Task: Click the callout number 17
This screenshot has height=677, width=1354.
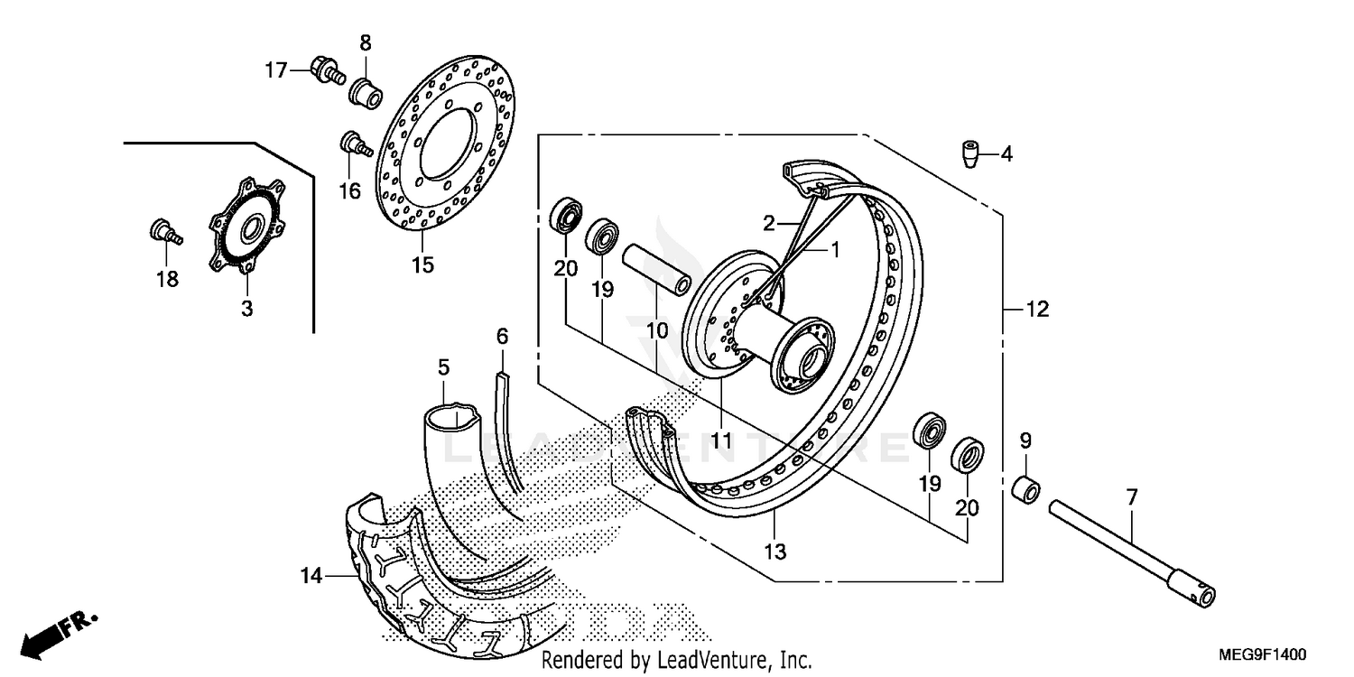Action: click(275, 70)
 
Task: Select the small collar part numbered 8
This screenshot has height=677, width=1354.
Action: click(365, 90)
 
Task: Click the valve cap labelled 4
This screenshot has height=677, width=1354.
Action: click(970, 153)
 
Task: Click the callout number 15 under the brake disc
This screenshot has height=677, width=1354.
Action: click(422, 265)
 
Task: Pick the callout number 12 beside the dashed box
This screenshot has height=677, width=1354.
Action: click(1037, 310)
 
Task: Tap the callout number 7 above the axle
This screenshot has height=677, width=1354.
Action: click(1132, 496)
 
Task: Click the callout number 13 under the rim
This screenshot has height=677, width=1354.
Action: click(776, 551)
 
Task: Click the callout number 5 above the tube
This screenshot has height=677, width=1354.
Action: click(443, 367)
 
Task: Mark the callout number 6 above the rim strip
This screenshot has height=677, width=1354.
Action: click(502, 337)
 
